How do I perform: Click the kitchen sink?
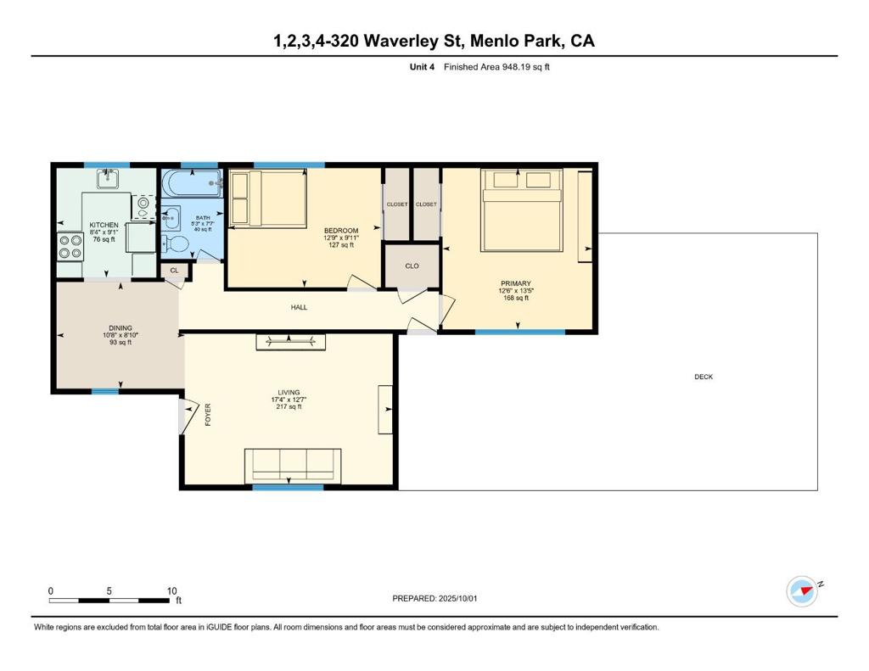point(108,179)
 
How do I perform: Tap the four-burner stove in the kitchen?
point(70,247)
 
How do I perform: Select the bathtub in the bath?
point(192,183)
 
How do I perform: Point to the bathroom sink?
point(171,218)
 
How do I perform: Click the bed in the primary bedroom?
point(522,210)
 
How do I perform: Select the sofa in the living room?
point(293,466)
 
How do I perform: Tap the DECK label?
point(704,377)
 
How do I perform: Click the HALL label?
point(299,308)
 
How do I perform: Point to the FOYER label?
point(209,415)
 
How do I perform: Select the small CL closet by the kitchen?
point(175,271)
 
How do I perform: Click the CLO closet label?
point(412,266)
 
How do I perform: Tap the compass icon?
point(802,591)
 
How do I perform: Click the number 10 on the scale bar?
point(171,590)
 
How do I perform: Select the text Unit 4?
point(422,67)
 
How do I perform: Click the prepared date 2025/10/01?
point(457,598)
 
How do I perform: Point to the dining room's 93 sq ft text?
point(121,343)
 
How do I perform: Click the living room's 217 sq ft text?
point(289,406)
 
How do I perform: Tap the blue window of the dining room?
point(105,392)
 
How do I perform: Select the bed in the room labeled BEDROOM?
point(269,199)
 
